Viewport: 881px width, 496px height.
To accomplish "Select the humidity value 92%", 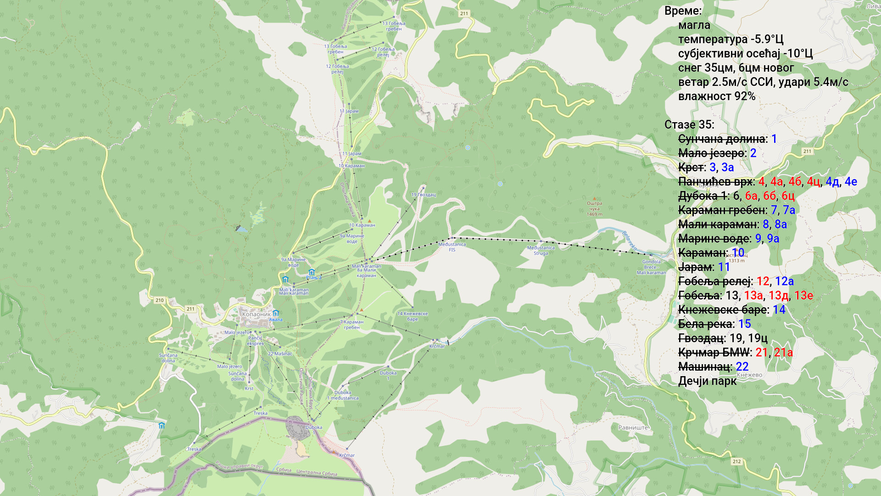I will click(x=745, y=96).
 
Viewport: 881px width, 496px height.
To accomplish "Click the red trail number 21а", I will click(x=783, y=353).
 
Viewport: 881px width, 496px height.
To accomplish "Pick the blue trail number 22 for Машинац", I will click(x=742, y=367).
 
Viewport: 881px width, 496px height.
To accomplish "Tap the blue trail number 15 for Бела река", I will click(x=744, y=324).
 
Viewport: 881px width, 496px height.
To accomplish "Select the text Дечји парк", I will click(x=707, y=381).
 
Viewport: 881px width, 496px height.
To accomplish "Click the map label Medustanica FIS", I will click(x=452, y=247).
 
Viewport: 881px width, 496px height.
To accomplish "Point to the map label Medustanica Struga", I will click(x=541, y=250).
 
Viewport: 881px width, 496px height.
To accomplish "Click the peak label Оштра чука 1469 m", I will click(x=595, y=209).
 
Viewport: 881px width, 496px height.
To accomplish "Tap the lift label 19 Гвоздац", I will click(x=423, y=195).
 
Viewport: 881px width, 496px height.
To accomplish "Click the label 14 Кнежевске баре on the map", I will click(x=412, y=316).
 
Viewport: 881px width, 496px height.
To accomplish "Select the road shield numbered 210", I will click(x=159, y=300).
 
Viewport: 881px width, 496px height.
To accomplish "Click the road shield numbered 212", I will click(x=736, y=462).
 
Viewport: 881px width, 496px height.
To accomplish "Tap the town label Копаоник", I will click(x=256, y=315).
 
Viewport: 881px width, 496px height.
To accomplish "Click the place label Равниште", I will click(x=633, y=428).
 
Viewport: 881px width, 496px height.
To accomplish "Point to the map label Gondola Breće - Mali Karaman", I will click(x=651, y=267).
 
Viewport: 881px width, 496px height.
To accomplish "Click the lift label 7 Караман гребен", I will click(x=351, y=325).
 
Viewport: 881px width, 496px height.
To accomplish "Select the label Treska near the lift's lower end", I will click(x=194, y=449).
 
